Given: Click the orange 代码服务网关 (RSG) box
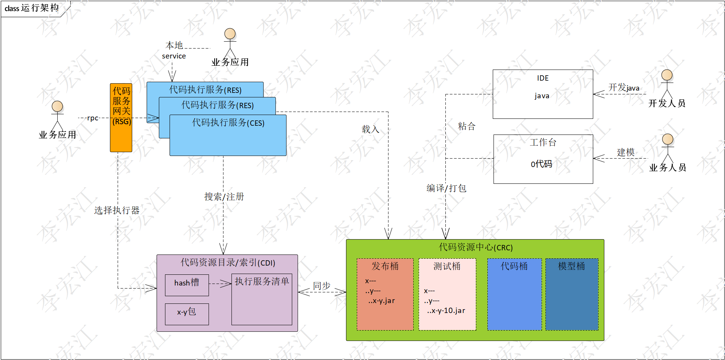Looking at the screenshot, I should pos(121,118).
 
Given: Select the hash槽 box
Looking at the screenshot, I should pos(187,285).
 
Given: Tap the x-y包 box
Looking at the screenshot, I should pos(187,314).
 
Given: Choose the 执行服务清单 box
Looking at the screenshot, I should pos(262,299).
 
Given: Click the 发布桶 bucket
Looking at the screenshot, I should pos(385,294).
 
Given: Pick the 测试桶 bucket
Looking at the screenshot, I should pos(447,294).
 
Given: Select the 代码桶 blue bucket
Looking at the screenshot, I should pos(514,294).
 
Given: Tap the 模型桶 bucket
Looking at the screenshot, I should pos(571,294).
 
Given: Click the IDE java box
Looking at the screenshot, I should pos(542,94).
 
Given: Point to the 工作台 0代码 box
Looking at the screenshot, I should pos(543,159).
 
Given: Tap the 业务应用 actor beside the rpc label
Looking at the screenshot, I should pos(57,117).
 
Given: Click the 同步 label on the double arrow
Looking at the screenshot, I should pos(322,285).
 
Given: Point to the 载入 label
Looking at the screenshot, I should pos(370,129).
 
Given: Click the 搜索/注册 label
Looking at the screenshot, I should pos(224,196).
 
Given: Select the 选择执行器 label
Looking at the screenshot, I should pos(117,210).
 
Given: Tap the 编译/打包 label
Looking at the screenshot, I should pos(446,188).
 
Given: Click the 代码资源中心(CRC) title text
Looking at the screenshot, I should pos(476,247).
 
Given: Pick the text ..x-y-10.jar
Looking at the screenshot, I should pos(446,311).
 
